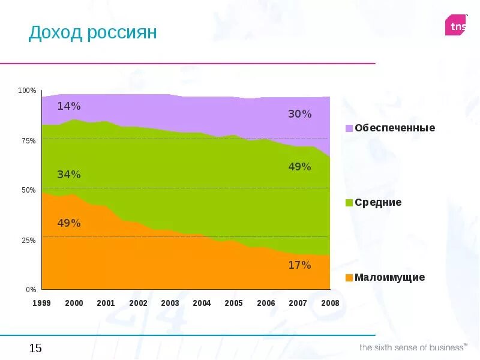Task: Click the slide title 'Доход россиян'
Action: pos(92,32)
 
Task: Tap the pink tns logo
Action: pos(455,26)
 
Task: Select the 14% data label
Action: pos(69,106)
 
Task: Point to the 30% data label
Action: pos(299,114)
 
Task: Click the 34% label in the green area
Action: pos(69,175)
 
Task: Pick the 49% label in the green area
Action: pos(299,167)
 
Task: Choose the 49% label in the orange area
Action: pos(69,223)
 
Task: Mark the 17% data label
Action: pos(299,265)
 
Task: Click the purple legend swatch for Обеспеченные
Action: pos(349,128)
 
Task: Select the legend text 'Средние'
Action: pos(378,203)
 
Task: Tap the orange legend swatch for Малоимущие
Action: pos(349,278)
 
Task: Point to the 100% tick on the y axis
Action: pos(28,91)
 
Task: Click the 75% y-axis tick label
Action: pos(29,140)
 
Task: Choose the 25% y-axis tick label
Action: pos(29,240)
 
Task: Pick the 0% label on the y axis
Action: pos(31,289)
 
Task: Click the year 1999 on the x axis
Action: pos(41,303)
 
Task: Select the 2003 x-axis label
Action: pos(170,303)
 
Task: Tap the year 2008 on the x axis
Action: pos(330,303)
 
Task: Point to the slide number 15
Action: pos(35,348)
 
